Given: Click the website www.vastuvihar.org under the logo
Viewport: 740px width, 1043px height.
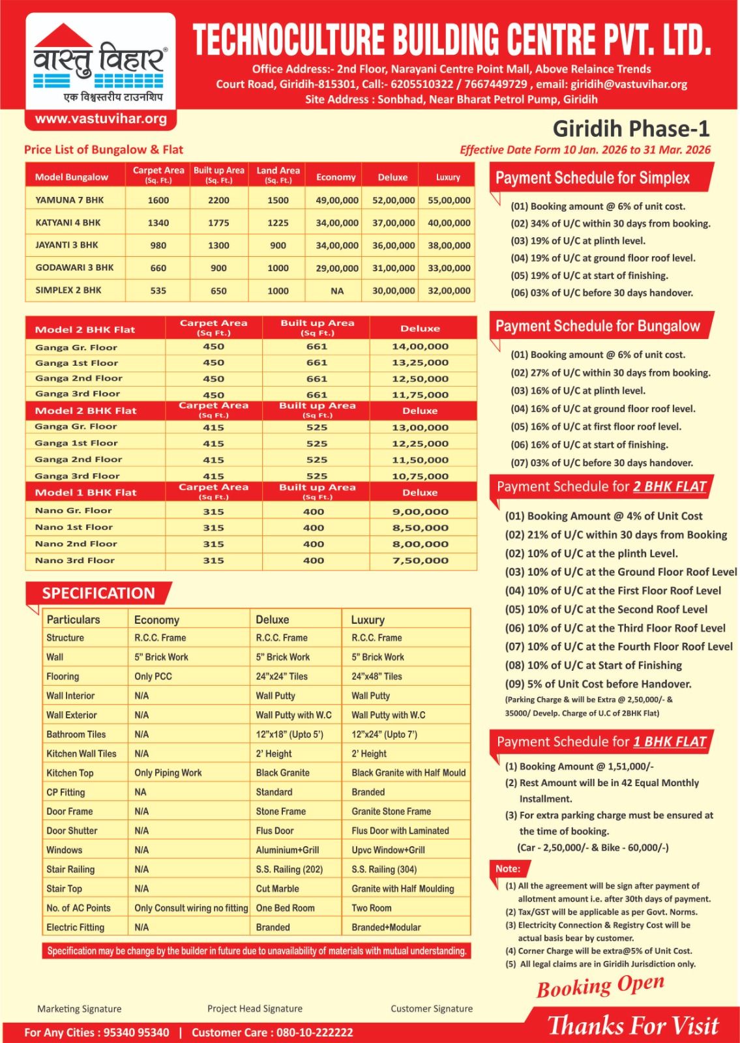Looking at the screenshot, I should coord(100,119).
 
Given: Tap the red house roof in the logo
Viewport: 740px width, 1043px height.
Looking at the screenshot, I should coord(63,37).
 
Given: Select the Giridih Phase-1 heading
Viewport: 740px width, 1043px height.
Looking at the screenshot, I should coord(630,128).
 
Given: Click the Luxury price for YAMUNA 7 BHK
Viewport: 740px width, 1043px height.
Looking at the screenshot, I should coord(449,200).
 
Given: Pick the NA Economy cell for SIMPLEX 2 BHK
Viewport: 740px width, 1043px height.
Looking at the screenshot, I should coord(336,291).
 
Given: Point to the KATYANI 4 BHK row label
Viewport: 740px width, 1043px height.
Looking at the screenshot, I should coord(68,222).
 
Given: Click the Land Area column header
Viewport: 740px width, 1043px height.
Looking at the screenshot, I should coord(278,174).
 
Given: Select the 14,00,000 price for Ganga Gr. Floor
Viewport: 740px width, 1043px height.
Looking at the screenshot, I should coord(420,347).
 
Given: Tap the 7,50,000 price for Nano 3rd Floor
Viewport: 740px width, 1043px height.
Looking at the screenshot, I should coord(420,561).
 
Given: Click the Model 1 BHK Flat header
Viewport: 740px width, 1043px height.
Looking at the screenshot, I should coord(85,493).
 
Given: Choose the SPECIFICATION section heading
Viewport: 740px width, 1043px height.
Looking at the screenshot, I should coord(98,593).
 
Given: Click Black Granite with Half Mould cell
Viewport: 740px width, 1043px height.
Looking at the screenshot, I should coord(408,772).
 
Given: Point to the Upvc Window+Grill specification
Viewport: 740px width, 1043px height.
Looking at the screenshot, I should coord(388,850).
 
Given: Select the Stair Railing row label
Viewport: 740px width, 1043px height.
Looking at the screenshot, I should coord(70,869).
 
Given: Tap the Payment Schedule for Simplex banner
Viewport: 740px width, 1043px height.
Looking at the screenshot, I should coord(592,178).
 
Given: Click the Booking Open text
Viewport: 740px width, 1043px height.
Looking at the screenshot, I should coord(600,986).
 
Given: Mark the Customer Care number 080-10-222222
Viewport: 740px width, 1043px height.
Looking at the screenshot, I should coord(314,1033).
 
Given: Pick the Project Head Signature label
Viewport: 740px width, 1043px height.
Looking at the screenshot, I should coord(255,1008).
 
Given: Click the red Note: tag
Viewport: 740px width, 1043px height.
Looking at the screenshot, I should coord(508,869).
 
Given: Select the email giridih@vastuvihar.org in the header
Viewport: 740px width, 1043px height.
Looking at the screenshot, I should coord(629,84).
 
